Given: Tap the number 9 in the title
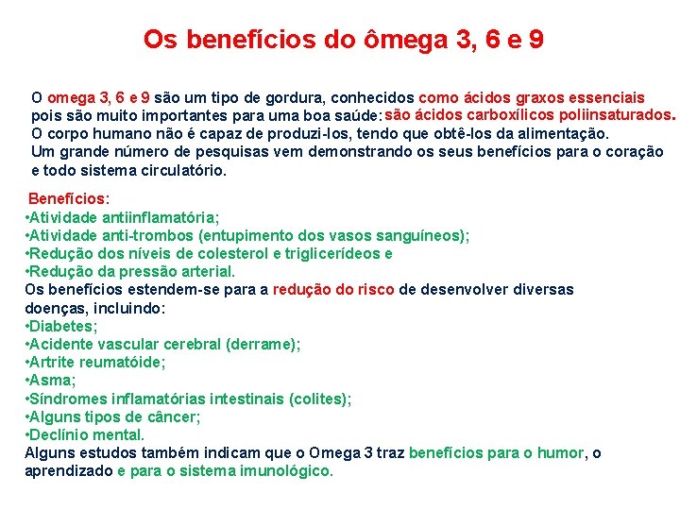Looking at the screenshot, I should pos(535,40).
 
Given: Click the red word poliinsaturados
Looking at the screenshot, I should pos(614,115).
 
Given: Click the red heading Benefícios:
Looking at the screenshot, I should pos(69,199).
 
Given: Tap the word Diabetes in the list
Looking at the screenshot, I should pos(62,326).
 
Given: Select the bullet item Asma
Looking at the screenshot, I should pos(52,380).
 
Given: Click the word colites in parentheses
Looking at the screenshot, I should pos(319,399).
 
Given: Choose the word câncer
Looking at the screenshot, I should pos(175,416).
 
